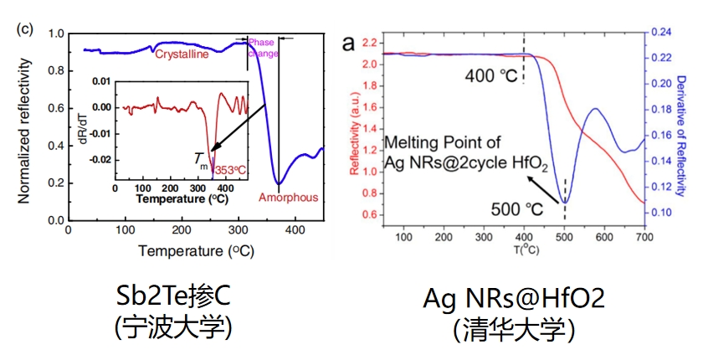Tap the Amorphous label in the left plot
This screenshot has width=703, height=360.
pos(288,198)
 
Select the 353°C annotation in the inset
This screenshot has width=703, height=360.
pos(229,169)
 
